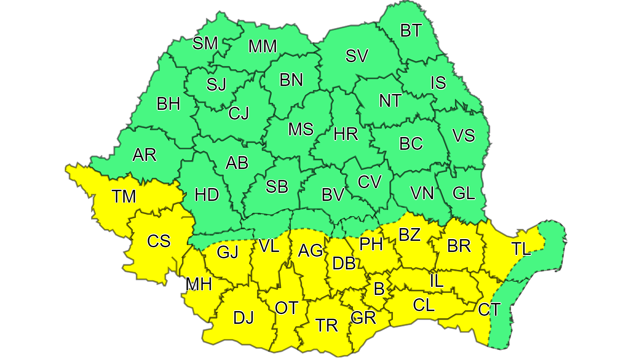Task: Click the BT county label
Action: (411, 31)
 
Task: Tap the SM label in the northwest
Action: (205, 43)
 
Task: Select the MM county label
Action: (262, 46)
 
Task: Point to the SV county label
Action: (357, 56)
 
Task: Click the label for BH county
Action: (169, 104)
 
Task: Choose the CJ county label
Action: (238, 113)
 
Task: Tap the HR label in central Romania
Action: (346, 134)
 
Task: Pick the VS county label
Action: (464, 135)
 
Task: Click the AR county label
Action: (144, 155)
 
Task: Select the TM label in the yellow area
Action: (123, 197)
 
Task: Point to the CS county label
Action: (159, 241)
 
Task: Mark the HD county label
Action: (206, 195)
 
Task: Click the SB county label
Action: (277, 187)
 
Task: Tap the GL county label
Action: (464, 193)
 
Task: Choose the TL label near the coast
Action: (521, 249)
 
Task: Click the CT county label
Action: (489, 309)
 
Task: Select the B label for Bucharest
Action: (379, 289)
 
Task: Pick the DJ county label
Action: (243, 317)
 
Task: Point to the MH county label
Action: (199, 284)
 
